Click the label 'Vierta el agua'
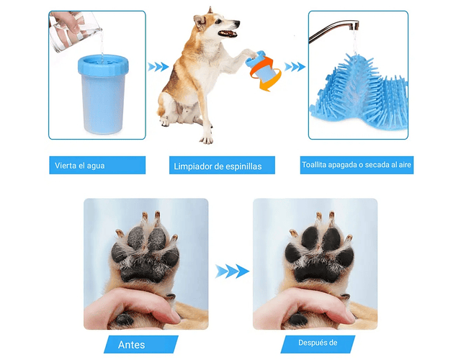tap(80, 166)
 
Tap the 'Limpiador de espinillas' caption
tap(218, 166)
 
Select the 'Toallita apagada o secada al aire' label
tap(357, 165)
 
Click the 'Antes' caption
tap(131, 344)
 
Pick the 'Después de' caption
tap(318, 343)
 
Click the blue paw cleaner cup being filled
tap(103, 94)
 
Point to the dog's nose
tap(238, 22)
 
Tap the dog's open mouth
tap(228, 33)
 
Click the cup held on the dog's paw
tap(259, 67)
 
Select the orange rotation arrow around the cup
tap(264, 73)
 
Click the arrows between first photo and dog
tap(158, 67)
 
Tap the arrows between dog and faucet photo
tap(295, 67)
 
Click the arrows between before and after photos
tap(232, 271)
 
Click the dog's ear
tap(200, 22)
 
